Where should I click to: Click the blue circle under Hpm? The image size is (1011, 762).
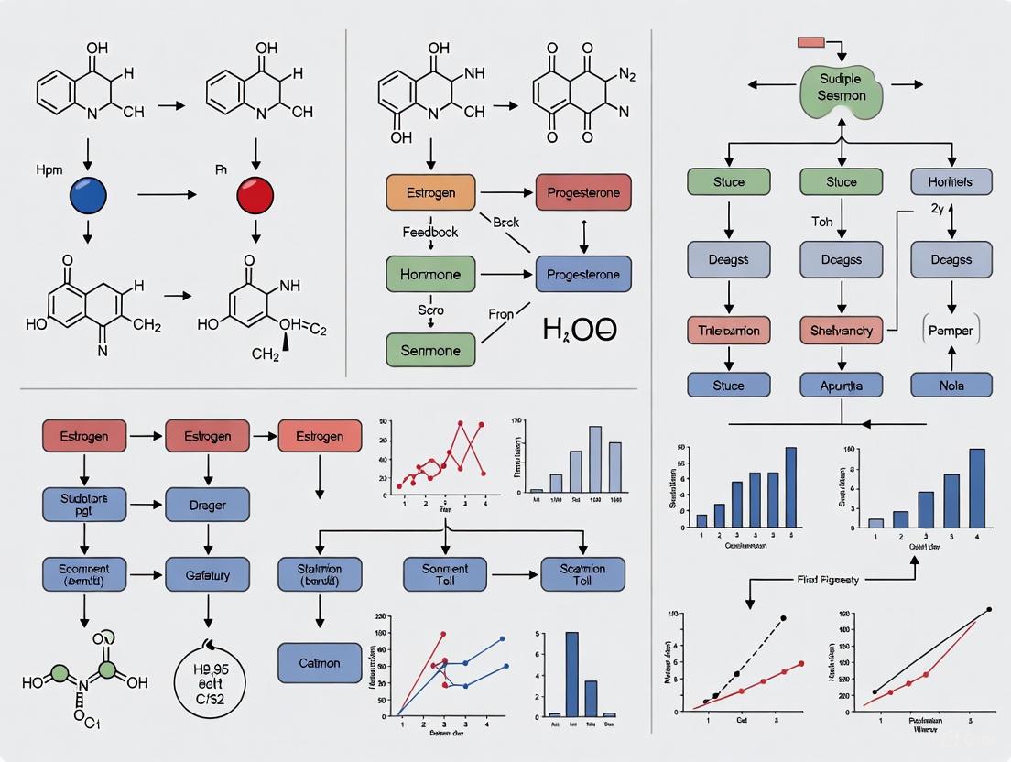88,194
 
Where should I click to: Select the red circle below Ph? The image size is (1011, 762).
255,194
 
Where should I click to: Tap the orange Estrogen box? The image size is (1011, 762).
429,193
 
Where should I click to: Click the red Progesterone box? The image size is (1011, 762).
582,193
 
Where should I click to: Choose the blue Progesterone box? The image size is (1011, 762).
582,274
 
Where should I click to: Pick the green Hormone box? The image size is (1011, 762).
429,274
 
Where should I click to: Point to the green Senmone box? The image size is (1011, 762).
429,350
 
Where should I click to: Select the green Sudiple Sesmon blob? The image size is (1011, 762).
842,87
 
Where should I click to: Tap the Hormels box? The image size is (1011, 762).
951,181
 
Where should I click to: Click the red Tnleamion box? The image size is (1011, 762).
729,330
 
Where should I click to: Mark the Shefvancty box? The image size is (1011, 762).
841,330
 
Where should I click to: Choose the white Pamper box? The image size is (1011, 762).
951,330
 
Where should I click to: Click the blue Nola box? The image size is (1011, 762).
951,385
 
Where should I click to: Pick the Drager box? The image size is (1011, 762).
207,505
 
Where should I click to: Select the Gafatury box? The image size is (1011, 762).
207,575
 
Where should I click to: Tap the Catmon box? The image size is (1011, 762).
320,662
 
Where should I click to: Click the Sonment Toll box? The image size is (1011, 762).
445,575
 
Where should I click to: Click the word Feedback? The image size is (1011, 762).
429,233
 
